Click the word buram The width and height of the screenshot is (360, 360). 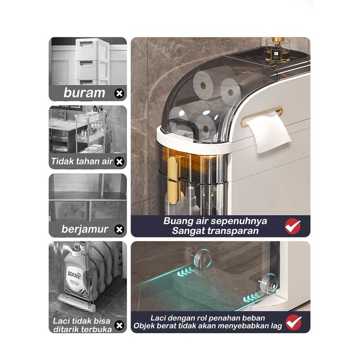point(84,93)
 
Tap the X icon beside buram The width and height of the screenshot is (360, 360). point(119,93)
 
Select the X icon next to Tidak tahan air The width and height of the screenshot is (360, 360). point(119,162)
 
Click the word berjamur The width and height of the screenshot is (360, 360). point(85,229)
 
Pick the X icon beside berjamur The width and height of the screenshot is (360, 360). point(119,230)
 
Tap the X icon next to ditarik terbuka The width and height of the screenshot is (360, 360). point(119,325)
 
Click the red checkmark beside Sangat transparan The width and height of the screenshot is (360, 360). point(293,227)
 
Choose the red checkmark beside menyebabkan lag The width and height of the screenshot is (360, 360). point(294,322)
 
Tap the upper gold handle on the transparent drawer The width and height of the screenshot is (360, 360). point(173,168)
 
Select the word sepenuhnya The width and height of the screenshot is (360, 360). point(239,221)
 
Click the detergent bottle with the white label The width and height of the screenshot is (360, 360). point(75,273)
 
